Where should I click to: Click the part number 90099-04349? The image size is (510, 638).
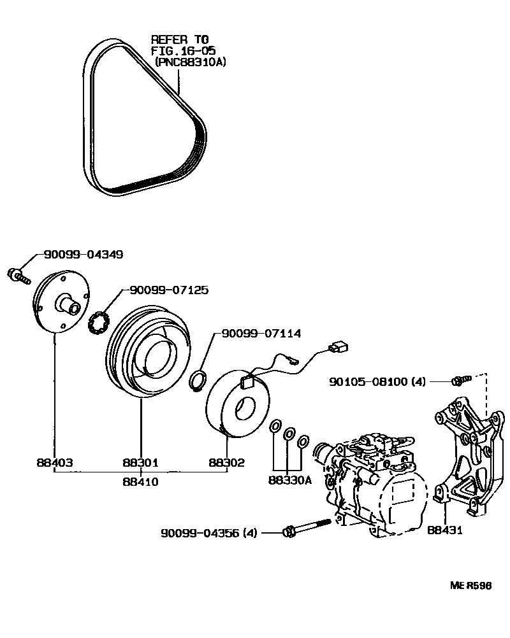click(x=83, y=255)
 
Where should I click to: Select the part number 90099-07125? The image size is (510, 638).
click(x=168, y=290)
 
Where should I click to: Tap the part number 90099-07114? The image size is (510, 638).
click(x=261, y=333)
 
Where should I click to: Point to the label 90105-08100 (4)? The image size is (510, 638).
click(x=377, y=382)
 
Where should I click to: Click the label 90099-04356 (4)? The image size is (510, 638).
click(x=208, y=532)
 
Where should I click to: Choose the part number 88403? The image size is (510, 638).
click(x=54, y=463)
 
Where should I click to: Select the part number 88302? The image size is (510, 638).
click(x=226, y=463)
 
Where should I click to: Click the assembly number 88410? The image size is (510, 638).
click(x=140, y=482)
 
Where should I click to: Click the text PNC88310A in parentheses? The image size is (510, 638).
click(x=191, y=62)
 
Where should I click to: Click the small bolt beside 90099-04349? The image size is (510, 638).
click(x=18, y=276)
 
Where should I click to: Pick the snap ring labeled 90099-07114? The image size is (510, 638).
click(x=198, y=381)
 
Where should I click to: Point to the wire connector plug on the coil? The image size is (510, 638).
click(x=335, y=349)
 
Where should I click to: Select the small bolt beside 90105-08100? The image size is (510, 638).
click(x=460, y=381)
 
